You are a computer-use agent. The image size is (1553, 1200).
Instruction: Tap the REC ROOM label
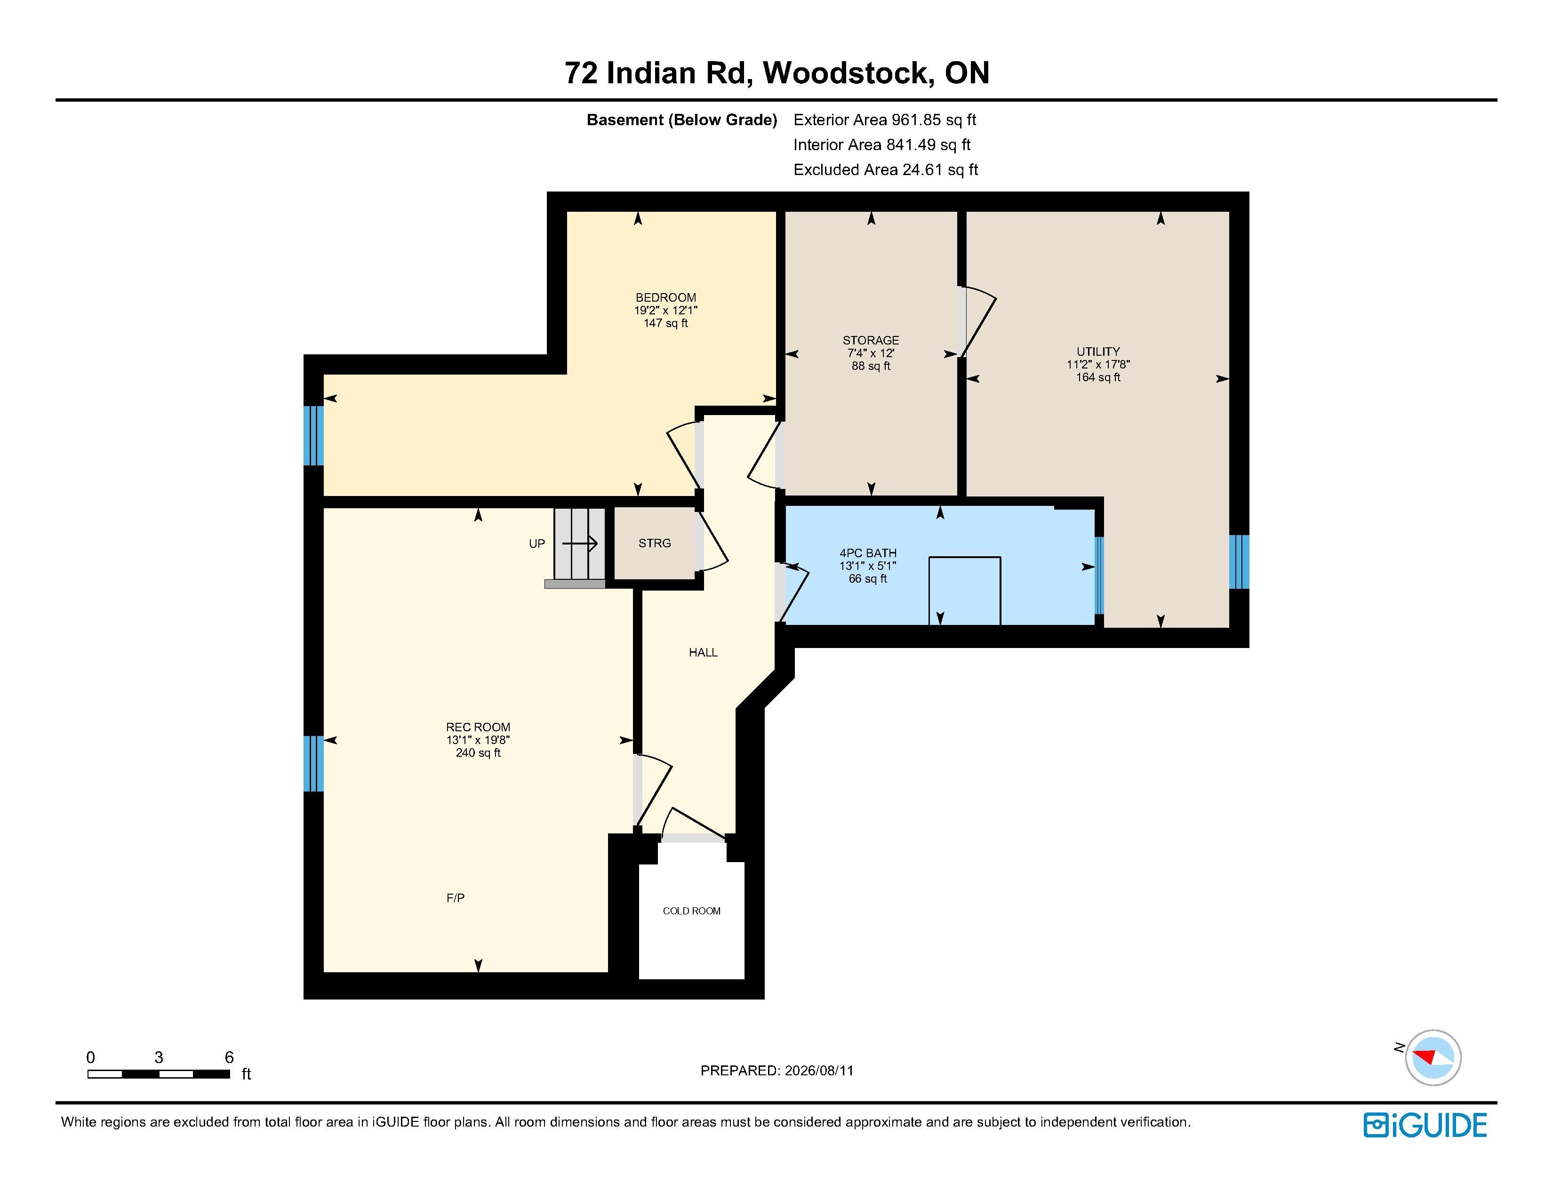(478, 727)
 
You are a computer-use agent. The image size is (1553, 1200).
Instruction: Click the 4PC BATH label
(867, 553)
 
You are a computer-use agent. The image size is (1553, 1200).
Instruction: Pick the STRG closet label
(654, 543)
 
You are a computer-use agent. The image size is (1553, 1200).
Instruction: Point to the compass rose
(1433, 1057)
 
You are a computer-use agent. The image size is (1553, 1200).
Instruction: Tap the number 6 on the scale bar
(229, 1057)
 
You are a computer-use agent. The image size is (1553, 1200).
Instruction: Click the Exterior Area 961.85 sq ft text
(885, 120)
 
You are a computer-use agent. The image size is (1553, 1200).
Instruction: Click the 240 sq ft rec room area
(478, 753)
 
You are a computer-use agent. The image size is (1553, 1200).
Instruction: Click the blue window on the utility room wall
(1239, 561)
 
